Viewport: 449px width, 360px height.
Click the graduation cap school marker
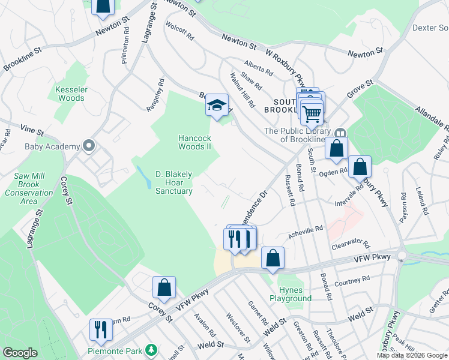click(217, 106)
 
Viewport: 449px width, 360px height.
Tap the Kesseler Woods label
click(70, 94)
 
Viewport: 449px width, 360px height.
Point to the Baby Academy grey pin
click(89, 146)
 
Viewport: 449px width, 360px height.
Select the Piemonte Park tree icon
click(152, 349)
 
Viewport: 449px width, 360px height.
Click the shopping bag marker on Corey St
click(164, 287)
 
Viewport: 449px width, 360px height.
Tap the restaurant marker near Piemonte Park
click(100, 329)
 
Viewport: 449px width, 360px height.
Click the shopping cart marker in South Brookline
click(312, 112)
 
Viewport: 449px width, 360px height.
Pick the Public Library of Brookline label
click(298, 135)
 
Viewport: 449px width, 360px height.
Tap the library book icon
click(340, 133)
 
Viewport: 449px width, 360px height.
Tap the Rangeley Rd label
click(155, 95)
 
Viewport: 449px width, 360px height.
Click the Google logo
click(20, 353)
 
